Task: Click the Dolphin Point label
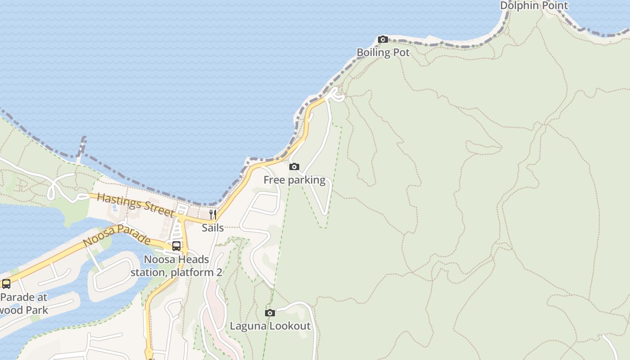pos(534,5)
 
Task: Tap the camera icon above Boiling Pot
pos(383,40)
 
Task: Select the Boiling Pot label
pos(383,52)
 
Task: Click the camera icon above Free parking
pos(294,167)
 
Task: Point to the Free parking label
pos(294,180)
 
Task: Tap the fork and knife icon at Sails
pos(213,215)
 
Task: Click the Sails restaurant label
pos(213,228)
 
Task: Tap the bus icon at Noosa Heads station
pos(176,246)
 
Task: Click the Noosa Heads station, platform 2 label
pos(176,266)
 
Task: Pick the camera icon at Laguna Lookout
pos(270,313)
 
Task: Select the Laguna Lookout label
pos(270,326)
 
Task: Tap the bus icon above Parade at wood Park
pos(6,284)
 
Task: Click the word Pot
pos(401,52)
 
